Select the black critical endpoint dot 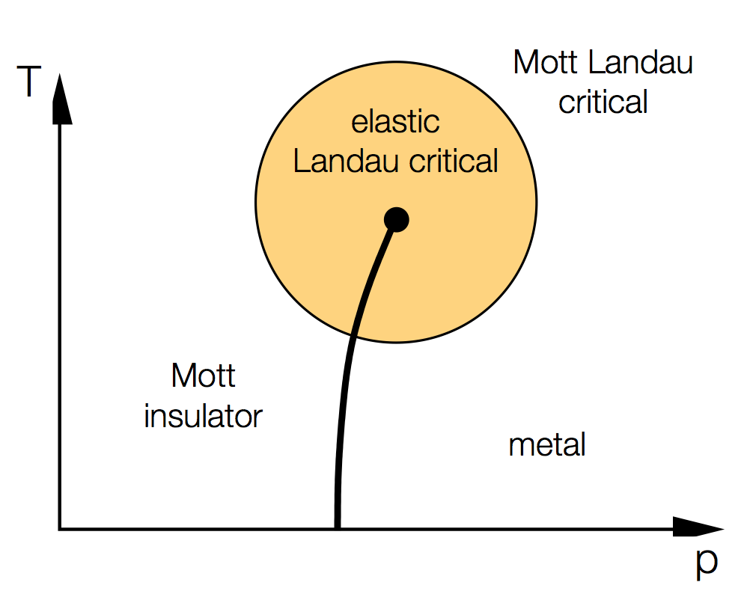click(396, 220)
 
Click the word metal click(546, 445)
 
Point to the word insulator click(203, 416)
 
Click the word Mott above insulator click(203, 376)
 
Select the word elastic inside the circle click(395, 122)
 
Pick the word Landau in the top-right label click(640, 63)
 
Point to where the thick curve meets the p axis click(337, 527)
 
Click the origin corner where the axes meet click(60, 529)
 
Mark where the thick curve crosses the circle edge click(353, 335)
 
